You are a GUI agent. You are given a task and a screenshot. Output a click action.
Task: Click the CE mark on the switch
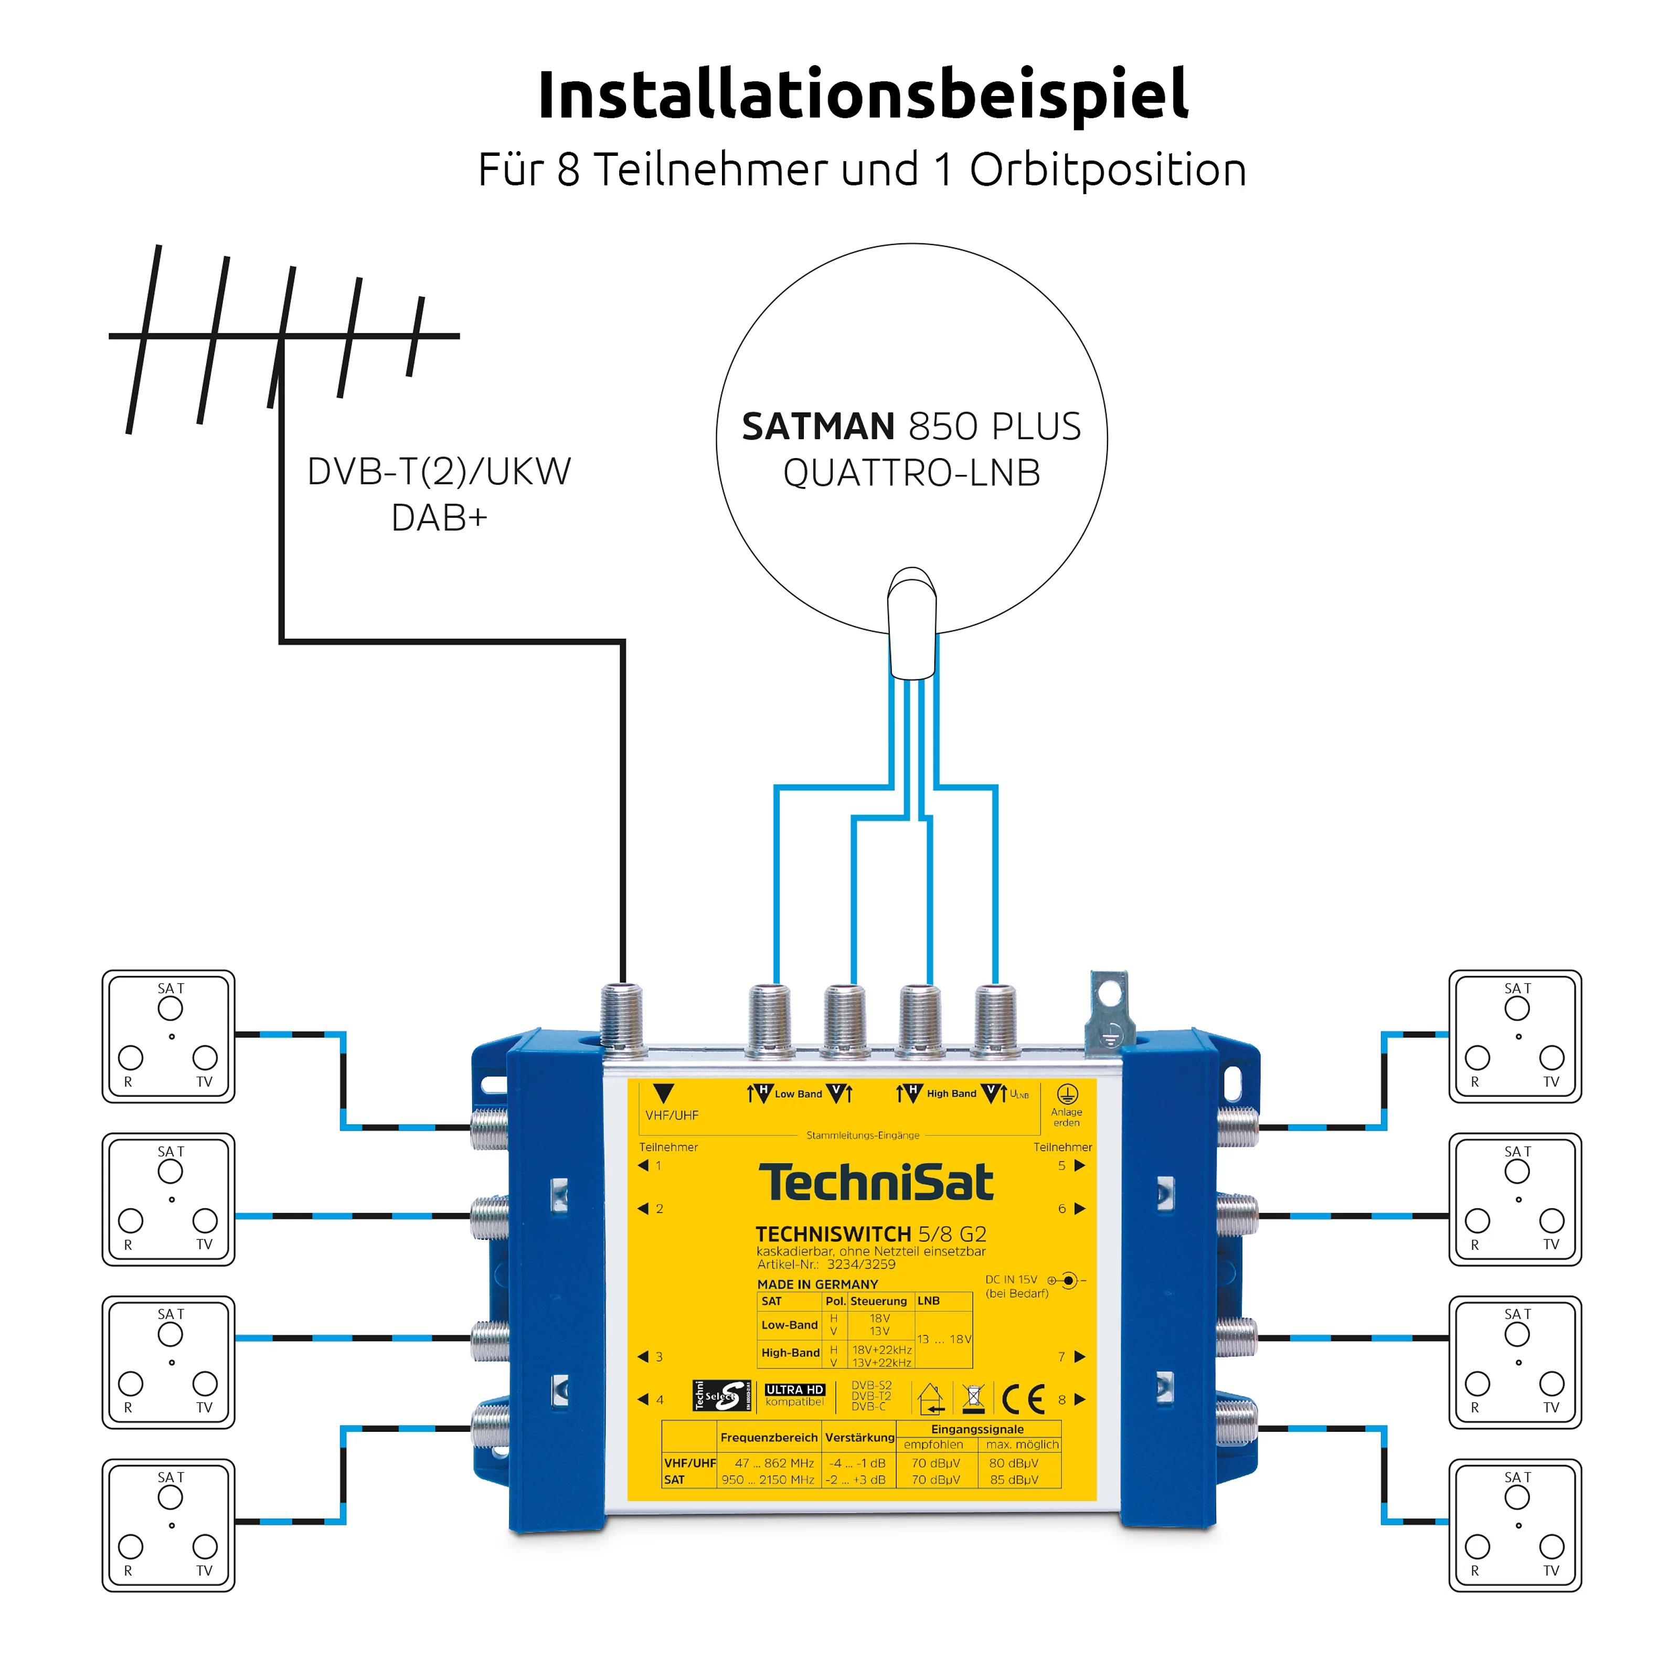(x=1023, y=1399)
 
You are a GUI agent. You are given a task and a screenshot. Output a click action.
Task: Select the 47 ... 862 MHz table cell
(x=768, y=1463)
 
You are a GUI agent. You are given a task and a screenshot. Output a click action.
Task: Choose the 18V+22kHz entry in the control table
(x=881, y=1349)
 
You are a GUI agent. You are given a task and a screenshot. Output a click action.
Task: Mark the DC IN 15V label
(x=1011, y=1279)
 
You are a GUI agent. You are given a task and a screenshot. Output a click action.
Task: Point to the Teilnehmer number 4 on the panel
(x=660, y=1399)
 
